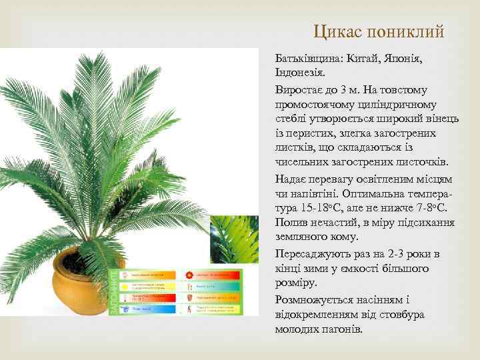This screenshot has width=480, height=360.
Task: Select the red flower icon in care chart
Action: [x=189, y=274]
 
